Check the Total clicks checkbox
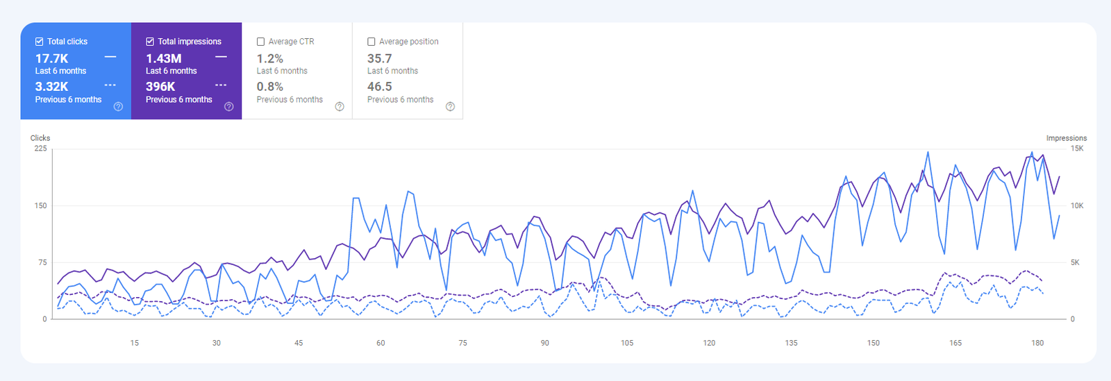[x=40, y=42]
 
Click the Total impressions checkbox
[x=150, y=42]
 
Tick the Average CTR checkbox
[x=261, y=42]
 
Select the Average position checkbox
[x=371, y=42]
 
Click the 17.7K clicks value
[x=52, y=59]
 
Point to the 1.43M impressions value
[x=164, y=59]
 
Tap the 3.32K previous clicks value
[x=52, y=87]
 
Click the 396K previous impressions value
[x=160, y=87]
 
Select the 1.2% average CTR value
[x=270, y=59]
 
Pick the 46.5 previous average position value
[x=380, y=87]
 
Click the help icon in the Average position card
[x=450, y=106]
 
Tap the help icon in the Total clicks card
[x=118, y=106]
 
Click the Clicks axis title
[x=40, y=138]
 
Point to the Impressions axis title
[x=1067, y=138]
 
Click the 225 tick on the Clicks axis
[x=40, y=149]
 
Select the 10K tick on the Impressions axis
[x=1077, y=205]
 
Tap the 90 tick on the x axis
[x=545, y=343]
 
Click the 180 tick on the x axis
[x=1037, y=343]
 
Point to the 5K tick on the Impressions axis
[x=1075, y=262]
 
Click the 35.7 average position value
[x=380, y=59]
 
